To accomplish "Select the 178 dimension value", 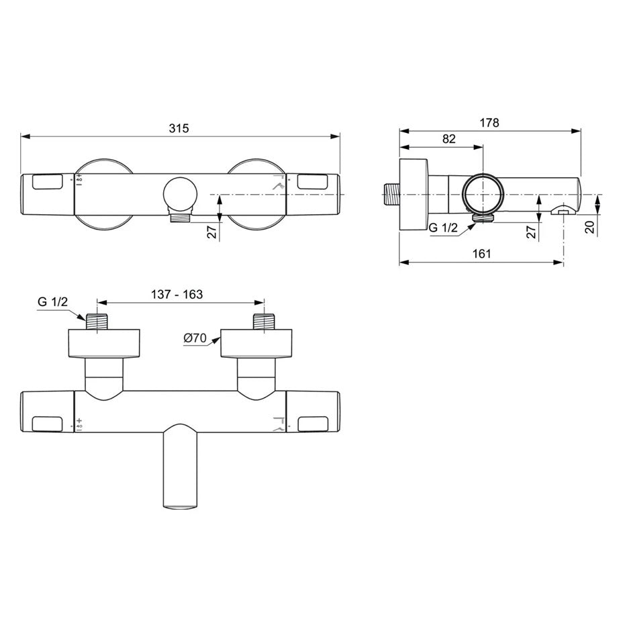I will tap(489, 123).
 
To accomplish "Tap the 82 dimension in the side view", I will tap(449, 139).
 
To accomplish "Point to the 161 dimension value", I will tap(481, 253).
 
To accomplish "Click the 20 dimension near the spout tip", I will tap(589, 226).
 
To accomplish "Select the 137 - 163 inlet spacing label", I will tap(177, 294).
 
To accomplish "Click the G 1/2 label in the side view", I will tap(443, 228).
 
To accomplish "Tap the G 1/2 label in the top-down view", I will tap(52, 302).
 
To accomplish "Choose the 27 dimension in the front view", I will tap(211, 232).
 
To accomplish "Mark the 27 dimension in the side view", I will tap(530, 232).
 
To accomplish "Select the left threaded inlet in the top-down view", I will tap(98, 321).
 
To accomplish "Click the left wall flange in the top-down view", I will tap(104, 343).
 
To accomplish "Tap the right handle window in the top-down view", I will tap(313, 424).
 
